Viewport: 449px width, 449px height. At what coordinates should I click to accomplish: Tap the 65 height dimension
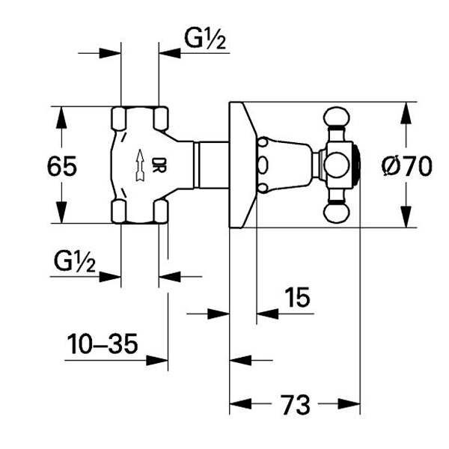tap(60, 165)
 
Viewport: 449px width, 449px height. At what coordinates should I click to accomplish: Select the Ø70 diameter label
tap(406, 165)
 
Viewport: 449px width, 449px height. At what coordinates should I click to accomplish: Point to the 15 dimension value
tap(297, 298)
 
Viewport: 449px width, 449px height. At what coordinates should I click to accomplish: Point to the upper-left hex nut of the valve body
tap(120, 117)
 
